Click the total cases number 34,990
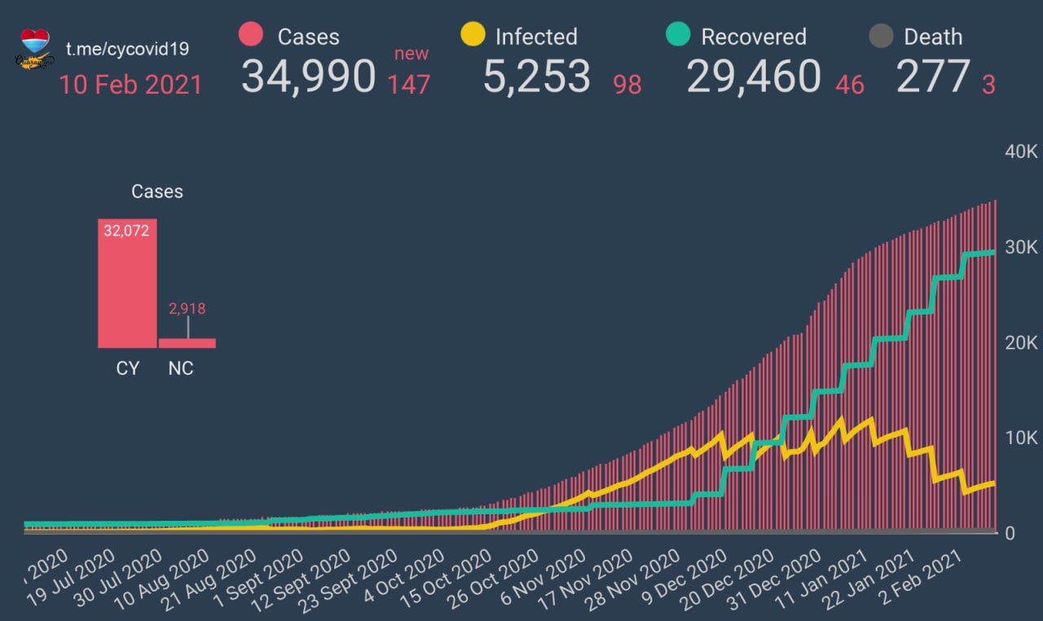coord(308,77)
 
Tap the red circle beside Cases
coord(250,35)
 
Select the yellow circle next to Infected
coord(472,35)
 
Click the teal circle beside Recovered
coord(678,35)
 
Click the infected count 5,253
coord(536,77)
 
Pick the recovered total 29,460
coord(754,77)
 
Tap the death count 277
coord(932,77)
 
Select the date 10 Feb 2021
coord(130,84)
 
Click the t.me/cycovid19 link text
coord(127,49)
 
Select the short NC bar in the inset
coord(187,343)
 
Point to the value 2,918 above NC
coord(187,309)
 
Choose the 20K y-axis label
coord(1019,343)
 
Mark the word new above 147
coord(411,54)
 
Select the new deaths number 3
coord(988,84)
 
